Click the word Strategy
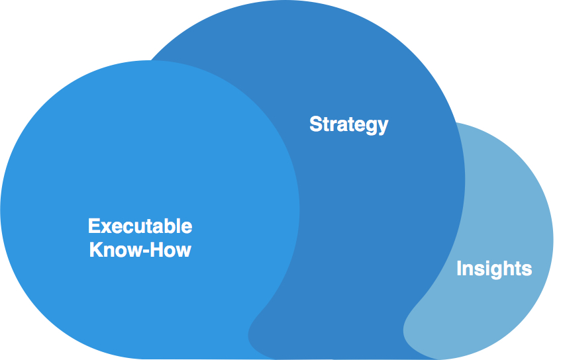[x=348, y=124]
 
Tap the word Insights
[x=494, y=269]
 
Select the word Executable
[x=140, y=226]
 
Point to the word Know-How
[x=140, y=250]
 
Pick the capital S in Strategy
[x=315, y=124]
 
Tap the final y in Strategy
[x=382, y=126]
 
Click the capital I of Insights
[x=459, y=269]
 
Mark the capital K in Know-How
[x=95, y=250]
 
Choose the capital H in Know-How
[x=154, y=250]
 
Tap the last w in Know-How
[x=183, y=251]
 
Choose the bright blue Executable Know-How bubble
[x=132, y=165]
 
